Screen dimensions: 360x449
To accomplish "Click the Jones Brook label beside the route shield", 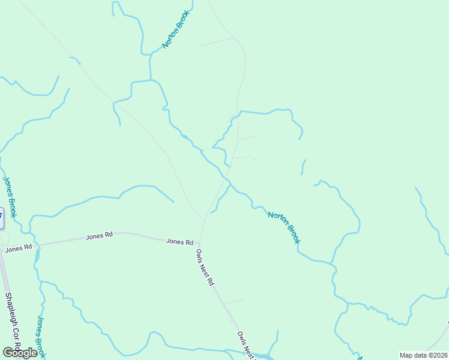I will pyautogui.click(x=10, y=197).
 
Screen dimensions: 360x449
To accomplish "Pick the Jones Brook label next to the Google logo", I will pyautogui.click(x=41, y=337).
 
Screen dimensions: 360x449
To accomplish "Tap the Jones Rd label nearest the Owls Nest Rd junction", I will pyautogui.click(x=179, y=242).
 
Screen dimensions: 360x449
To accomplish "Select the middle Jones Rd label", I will pyautogui.click(x=99, y=236).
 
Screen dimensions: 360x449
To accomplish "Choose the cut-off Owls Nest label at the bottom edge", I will pyautogui.click(x=246, y=345).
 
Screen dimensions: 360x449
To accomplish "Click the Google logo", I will pyautogui.click(x=20, y=353).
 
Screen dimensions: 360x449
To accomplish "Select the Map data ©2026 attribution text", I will pyautogui.click(x=423, y=355).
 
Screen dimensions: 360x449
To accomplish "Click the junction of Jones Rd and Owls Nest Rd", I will pyautogui.click(x=200, y=244).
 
